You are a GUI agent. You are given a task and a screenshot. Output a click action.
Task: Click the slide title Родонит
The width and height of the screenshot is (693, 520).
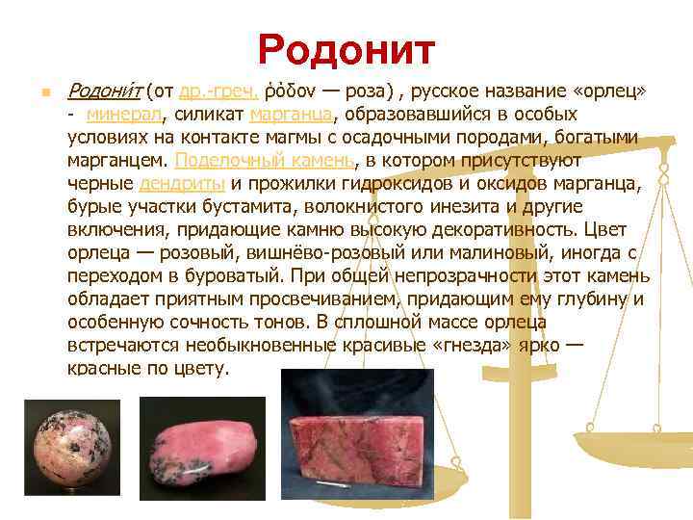[346, 48]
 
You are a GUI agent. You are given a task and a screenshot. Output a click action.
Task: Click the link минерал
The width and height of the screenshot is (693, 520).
[124, 117]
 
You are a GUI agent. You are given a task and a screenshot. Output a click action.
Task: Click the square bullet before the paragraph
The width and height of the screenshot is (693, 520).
[35, 94]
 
